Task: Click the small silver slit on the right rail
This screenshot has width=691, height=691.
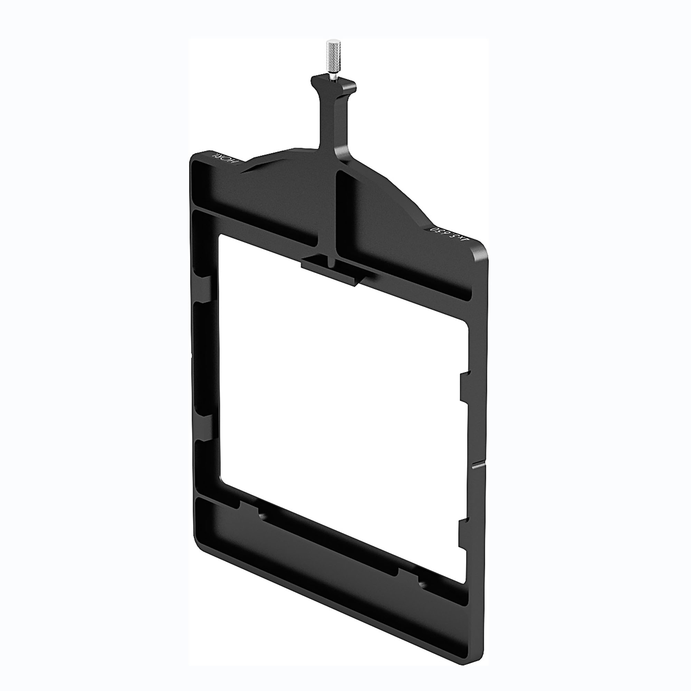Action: coord(479,466)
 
